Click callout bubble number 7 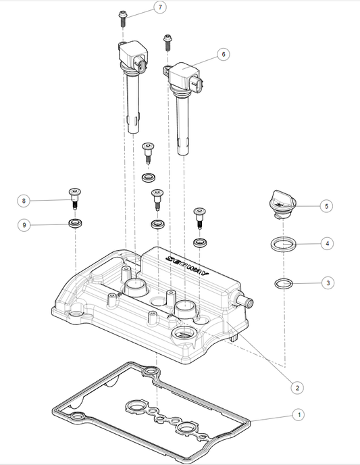tap(159, 7)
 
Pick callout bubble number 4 tap(327, 242)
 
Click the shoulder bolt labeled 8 tap(74, 200)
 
